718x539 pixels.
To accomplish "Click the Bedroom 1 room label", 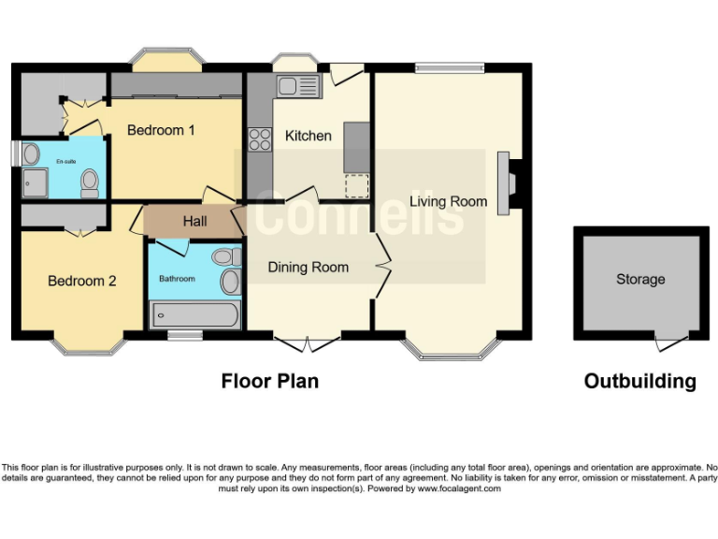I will [x=161, y=130].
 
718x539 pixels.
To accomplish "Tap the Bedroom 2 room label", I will [x=82, y=280].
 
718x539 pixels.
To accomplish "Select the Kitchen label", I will [x=309, y=136].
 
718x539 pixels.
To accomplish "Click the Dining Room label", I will [x=308, y=268].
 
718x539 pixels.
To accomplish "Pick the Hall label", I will [x=195, y=222].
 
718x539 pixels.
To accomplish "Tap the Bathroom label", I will [x=177, y=279].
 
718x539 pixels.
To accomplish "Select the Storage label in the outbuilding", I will [x=640, y=279].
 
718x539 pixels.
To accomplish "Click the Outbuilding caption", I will [x=639, y=381].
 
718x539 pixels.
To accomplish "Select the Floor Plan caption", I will [x=269, y=381].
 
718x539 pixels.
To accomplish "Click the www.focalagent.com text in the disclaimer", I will [x=459, y=488].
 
